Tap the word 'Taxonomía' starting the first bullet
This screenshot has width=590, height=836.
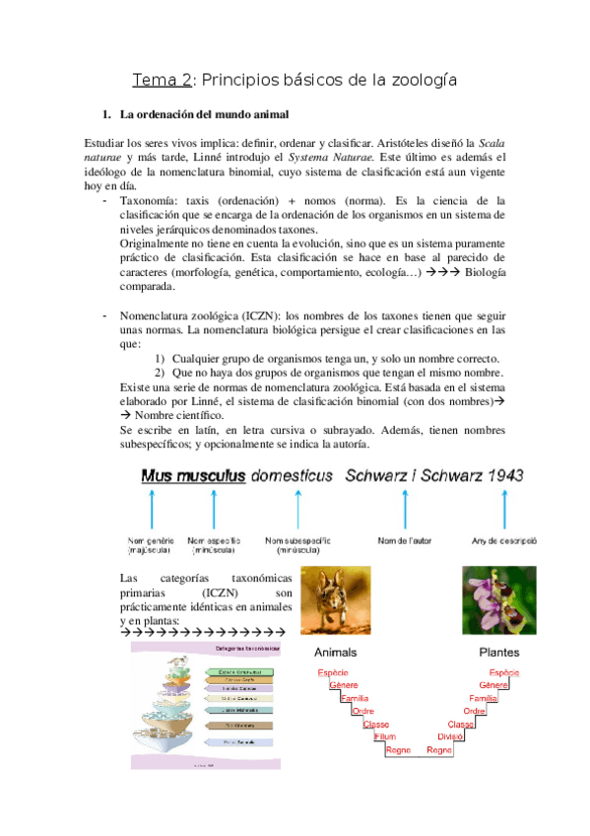point(149,201)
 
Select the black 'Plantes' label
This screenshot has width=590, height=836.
point(498,653)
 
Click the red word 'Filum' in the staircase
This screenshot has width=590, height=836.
point(386,736)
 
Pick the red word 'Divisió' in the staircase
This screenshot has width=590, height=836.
point(450,736)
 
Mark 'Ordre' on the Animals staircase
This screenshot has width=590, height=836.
point(362,711)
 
